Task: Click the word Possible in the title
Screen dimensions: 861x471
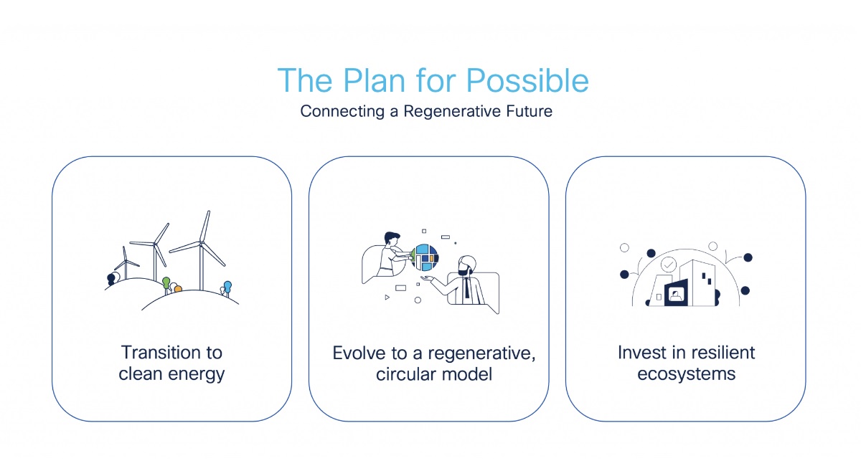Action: coord(527,81)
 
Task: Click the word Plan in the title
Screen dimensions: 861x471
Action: coord(374,80)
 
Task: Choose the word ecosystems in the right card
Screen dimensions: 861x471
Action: coord(687,374)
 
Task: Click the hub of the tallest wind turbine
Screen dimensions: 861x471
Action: coord(201,242)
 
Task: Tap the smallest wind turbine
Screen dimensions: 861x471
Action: coord(126,263)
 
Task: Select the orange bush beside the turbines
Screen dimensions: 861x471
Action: coord(178,289)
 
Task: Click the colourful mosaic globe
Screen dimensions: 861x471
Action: coord(425,257)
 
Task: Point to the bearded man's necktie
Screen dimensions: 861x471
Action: coord(466,287)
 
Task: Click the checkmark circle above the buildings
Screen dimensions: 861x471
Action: coord(669,265)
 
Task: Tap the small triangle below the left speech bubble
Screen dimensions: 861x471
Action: coord(387,297)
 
